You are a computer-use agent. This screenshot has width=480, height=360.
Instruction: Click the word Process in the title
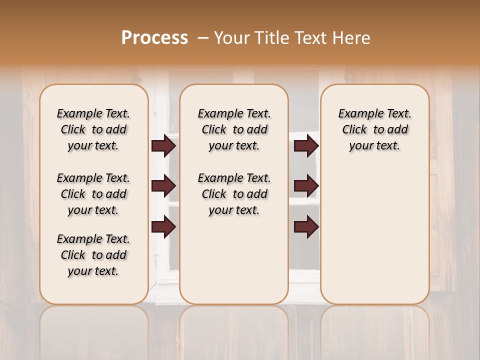[x=154, y=37]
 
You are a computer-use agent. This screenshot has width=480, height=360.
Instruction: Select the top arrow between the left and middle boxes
[x=163, y=145]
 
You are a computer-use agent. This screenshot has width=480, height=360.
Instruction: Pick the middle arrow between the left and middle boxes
[x=163, y=186]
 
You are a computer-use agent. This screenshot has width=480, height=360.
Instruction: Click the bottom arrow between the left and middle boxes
[x=163, y=227]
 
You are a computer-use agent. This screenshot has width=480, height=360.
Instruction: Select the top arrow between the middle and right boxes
[x=306, y=145]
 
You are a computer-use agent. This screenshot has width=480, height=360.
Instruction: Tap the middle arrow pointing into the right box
[x=306, y=186]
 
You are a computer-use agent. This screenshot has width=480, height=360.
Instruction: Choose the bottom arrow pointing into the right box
[x=306, y=227]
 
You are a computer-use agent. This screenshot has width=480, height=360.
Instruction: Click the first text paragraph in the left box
[x=93, y=129]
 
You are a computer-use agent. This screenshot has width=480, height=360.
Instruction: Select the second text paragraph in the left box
[x=93, y=194]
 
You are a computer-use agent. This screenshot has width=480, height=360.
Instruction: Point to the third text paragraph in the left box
[x=93, y=255]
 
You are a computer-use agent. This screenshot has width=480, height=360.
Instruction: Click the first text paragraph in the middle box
[x=234, y=129]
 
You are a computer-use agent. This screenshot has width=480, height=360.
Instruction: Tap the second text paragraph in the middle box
[x=234, y=194]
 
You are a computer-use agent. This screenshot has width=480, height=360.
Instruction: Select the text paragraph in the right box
[x=374, y=129]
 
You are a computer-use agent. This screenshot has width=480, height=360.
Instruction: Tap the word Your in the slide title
[x=233, y=37]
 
